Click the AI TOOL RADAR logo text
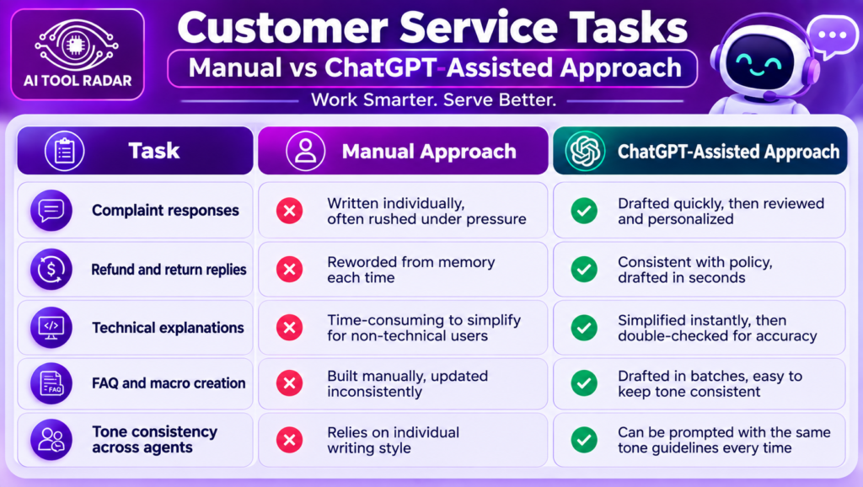tap(78, 81)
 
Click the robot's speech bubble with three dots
tap(832, 35)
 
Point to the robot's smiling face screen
tap(759, 62)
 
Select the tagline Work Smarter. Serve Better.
tap(434, 100)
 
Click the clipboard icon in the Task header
tap(64, 151)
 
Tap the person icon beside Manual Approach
tap(305, 151)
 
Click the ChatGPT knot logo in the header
tap(585, 151)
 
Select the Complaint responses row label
tap(165, 210)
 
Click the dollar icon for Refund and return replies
tap(51, 269)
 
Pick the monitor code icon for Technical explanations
tap(51, 328)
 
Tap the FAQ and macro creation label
tap(169, 383)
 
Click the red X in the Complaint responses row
tap(290, 211)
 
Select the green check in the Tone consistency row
tap(584, 440)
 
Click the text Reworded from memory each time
tap(411, 270)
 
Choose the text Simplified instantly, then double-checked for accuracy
tap(717, 328)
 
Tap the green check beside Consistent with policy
tap(584, 269)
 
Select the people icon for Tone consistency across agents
tap(51, 440)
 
